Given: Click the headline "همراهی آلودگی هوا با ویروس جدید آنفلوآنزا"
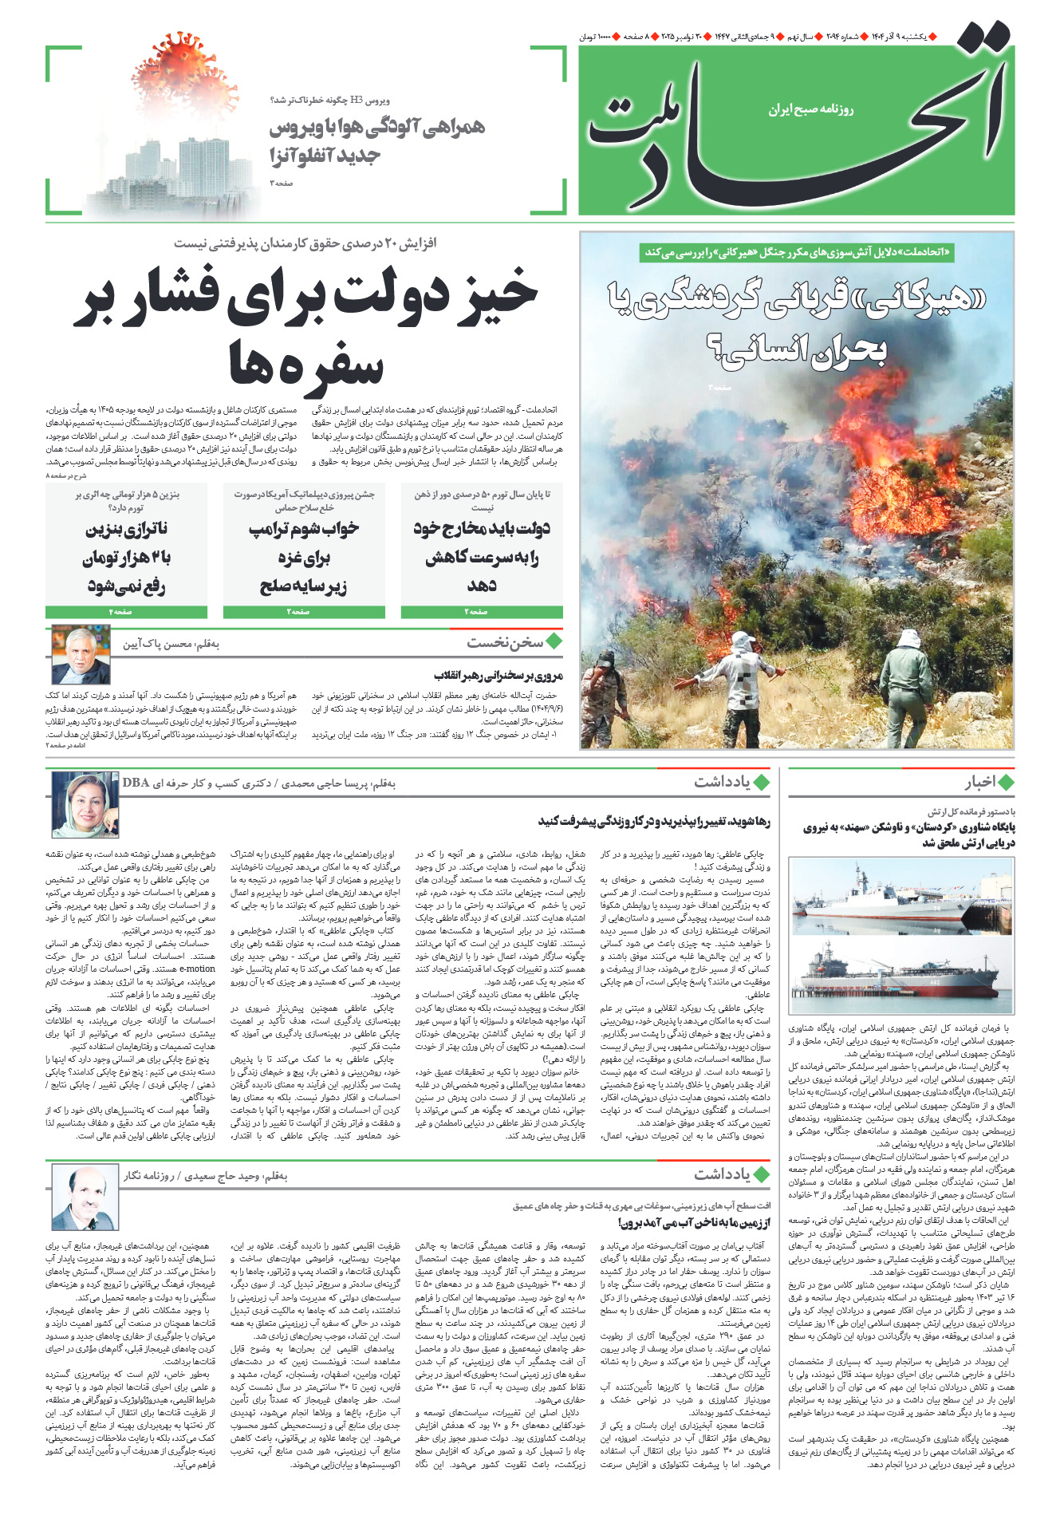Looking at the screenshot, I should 376,140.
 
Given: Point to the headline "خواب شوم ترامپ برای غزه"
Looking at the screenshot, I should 304,557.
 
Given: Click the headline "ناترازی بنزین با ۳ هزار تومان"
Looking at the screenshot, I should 126,557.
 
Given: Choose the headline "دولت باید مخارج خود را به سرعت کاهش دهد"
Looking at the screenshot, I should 482,557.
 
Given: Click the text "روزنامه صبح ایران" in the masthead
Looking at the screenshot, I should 810,109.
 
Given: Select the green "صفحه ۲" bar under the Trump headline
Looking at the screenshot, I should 304,612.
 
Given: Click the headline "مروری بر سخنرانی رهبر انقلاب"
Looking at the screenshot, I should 498,676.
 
